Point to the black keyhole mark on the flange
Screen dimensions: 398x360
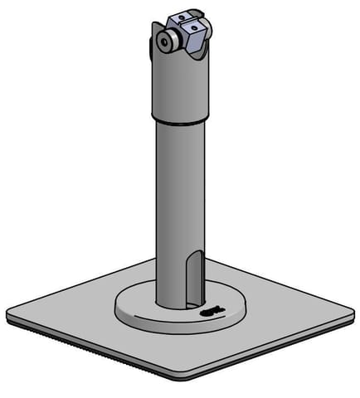211,311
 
